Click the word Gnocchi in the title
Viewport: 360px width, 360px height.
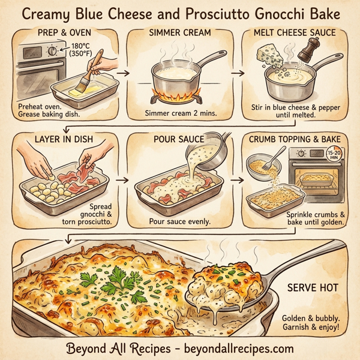pyautogui.click(x=272, y=13)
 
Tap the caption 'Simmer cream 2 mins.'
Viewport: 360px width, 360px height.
pyautogui.click(x=178, y=113)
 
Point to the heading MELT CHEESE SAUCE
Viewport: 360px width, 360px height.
pyautogui.click(x=295, y=33)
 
